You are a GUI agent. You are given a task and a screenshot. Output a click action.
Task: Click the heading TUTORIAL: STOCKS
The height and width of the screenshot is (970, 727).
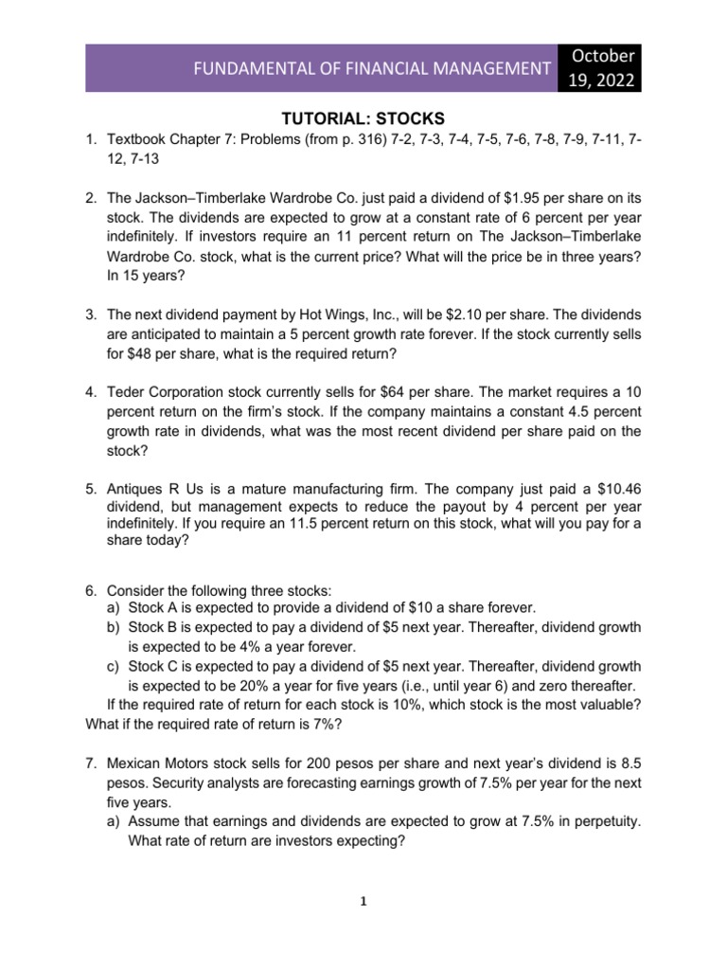click(363, 119)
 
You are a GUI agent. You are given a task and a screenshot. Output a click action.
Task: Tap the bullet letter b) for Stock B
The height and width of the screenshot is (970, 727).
click(113, 627)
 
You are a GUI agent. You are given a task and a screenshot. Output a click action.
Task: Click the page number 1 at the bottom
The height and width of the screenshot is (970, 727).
click(363, 902)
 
